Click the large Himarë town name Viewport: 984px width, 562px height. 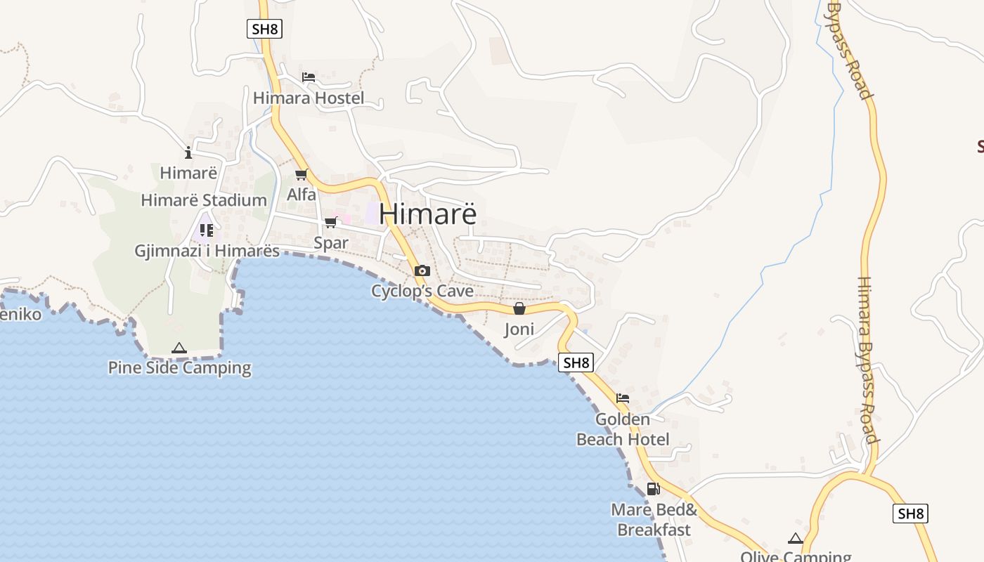pyautogui.click(x=427, y=214)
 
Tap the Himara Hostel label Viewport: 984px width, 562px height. pyautogui.click(x=309, y=98)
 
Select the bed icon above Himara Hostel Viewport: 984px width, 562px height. pyautogui.click(x=309, y=77)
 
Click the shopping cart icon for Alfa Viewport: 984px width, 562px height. pyautogui.click(x=302, y=174)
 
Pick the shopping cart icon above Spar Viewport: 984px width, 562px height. pyautogui.click(x=330, y=223)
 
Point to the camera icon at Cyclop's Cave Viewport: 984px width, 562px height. pyautogui.click(x=422, y=271)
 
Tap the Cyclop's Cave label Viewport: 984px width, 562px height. pyautogui.click(x=422, y=291)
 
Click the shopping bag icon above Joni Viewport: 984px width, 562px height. pyautogui.click(x=519, y=308)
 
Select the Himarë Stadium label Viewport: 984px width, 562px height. pyautogui.click(x=204, y=200)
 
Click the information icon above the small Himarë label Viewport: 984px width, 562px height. pyautogui.click(x=188, y=152)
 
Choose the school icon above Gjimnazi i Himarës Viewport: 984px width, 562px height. pyautogui.click(x=206, y=230)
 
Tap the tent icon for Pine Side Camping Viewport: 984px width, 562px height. pyautogui.click(x=179, y=348)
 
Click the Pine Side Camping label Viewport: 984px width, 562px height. pyautogui.click(x=179, y=367)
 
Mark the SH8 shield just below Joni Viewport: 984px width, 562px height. pyautogui.click(x=576, y=362)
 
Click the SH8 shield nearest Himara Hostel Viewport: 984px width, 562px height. pyautogui.click(x=264, y=29)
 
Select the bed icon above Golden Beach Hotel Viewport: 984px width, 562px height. pyautogui.click(x=623, y=398)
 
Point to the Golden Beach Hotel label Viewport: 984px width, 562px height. pyautogui.click(x=623, y=429)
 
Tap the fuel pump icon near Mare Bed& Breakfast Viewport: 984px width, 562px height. pyautogui.click(x=653, y=489)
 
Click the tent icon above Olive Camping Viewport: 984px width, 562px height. pyautogui.click(x=796, y=539)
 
